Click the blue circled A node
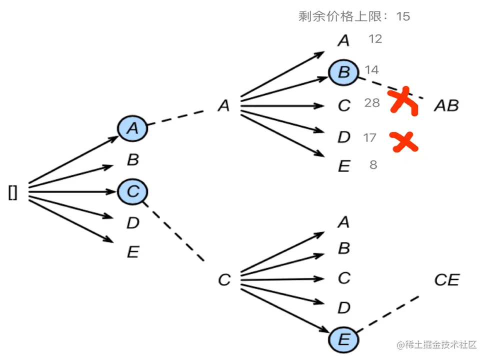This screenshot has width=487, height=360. click(x=132, y=128)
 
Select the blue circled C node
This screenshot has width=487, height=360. click(x=132, y=191)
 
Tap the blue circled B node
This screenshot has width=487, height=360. click(x=343, y=72)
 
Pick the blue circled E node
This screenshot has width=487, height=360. click(x=343, y=340)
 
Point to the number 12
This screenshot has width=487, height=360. click(x=375, y=38)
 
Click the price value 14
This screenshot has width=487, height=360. click(x=371, y=69)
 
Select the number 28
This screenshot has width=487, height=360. click(x=372, y=103)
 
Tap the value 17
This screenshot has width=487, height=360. click(x=369, y=137)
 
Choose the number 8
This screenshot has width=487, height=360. click(x=373, y=164)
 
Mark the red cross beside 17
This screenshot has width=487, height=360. click(x=404, y=142)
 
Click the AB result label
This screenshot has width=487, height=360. click(x=446, y=105)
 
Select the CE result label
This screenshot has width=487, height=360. click(x=446, y=280)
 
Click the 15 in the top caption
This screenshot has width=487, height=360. click(x=403, y=16)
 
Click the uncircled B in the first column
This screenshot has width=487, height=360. click(x=132, y=160)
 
